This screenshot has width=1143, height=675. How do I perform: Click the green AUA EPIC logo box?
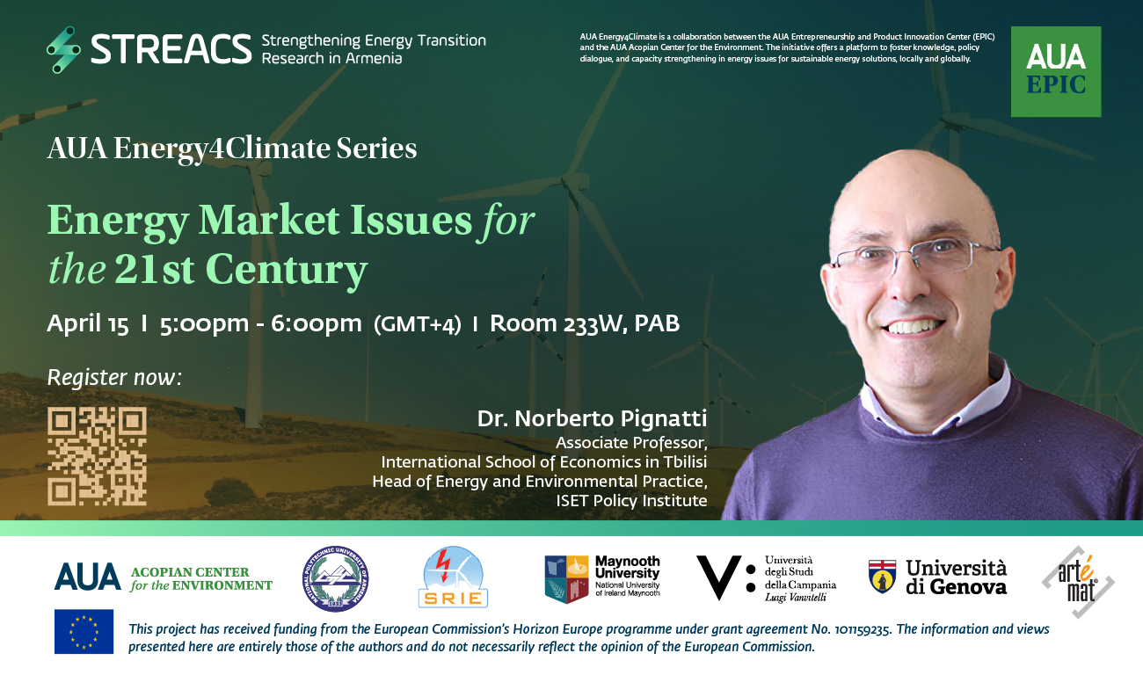pyautogui.click(x=1056, y=71)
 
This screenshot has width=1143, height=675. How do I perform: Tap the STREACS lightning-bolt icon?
pyautogui.click(x=64, y=49)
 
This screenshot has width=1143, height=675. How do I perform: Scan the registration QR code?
pyautogui.click(x=97, y=456)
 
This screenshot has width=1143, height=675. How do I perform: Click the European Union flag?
pyautogui.click(x=84, y=631)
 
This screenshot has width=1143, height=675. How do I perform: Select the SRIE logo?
pyautogui.click(x=453, y=577)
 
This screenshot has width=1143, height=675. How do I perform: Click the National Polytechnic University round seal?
pyautogui.click(x=335, y=578)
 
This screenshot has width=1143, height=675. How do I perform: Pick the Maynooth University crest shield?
pyautogui.click(x=566, y=579)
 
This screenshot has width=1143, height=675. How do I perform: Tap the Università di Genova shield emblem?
pyautogui.click(x=882, y=577)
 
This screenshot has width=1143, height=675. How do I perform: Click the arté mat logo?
pyautogui.click(x=1078, y=582)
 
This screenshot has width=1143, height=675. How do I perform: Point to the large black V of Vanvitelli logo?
pyautogui.click(x=718, y=577)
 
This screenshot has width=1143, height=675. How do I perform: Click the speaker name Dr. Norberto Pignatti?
pyautogui.click(x=592, y=418)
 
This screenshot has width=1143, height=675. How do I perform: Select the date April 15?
pyautogui.click(x=88, y=323)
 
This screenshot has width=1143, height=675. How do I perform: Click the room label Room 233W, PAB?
pyautogui.click(x=585, y=323)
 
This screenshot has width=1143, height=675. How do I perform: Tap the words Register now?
pyautogui.click(x=113, y=378)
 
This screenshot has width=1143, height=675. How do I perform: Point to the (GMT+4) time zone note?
pyautogui.click(x=418, y=324)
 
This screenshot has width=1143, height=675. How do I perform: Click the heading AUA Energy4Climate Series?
pyautogui.click(x=232, y=149)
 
